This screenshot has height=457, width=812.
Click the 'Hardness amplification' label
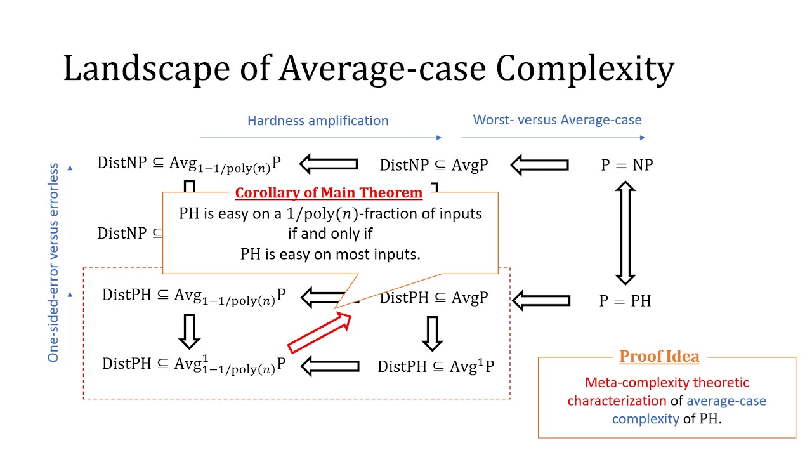[318, 120]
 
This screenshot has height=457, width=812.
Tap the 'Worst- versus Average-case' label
[557, 119]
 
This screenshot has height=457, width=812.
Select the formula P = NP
[627, 165]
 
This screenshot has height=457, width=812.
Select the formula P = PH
[625, 300]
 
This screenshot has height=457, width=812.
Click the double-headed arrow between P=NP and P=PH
[625, 233]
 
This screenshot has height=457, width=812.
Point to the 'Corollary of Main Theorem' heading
[329, 193]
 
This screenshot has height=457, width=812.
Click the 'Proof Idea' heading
[659, 356]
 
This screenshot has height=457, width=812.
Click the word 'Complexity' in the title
[585, 68]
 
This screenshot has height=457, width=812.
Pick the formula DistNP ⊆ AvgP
[434, 165]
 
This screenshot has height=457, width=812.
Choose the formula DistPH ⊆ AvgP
[434, 297]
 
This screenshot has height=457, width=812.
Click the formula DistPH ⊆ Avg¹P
[436, 366]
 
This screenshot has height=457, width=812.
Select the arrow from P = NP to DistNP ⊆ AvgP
[539, 166]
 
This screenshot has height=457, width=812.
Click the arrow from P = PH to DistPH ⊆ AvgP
[540, 300]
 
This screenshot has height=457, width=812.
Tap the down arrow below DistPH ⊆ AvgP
[432, 333]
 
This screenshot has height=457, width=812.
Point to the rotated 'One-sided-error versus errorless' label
[53, 263]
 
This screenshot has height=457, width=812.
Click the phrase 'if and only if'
[330, 234]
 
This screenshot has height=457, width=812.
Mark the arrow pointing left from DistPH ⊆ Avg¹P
[329, 366]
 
